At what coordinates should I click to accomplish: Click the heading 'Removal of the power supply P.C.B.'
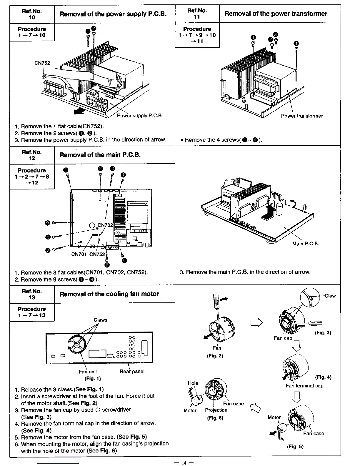pyautogui.click(x=113, y=14)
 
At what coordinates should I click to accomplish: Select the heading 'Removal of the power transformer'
pyautogui.click(x=276, y=14)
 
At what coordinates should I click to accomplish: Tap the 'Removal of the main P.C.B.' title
pyautogui.click(x=100, y=154)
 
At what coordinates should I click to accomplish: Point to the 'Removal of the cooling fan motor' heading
pyautogui.click(x=109, y=294)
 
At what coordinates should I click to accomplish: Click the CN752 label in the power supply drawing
pyautogui.click(x=42, y=63)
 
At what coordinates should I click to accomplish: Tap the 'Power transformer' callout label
pyautogui.click(x=302, y=116)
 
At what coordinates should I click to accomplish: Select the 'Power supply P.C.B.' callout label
pyautogui.click(x=140, y=116)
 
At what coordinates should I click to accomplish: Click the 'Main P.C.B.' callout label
pyautogui.click(x=306, y=244)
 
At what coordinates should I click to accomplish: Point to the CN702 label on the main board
pyautogui.click(x=105, y=225)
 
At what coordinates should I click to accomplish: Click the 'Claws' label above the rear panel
pyautogui.click(x=100, y=320)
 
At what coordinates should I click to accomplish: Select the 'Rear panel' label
pyautogui.click(x=132, y=372)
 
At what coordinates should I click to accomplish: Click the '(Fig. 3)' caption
pyautogui.click(x=323, y=333)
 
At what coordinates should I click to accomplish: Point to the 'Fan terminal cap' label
pyautogui.click(x=304, y=386)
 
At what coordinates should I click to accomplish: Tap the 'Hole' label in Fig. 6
pyautogui.click(x=193, y=383)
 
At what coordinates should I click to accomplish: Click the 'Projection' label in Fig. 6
pyautogui.click(x=216, y=410)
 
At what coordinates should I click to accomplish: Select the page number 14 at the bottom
pyautogui.click(x=184, y=463)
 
